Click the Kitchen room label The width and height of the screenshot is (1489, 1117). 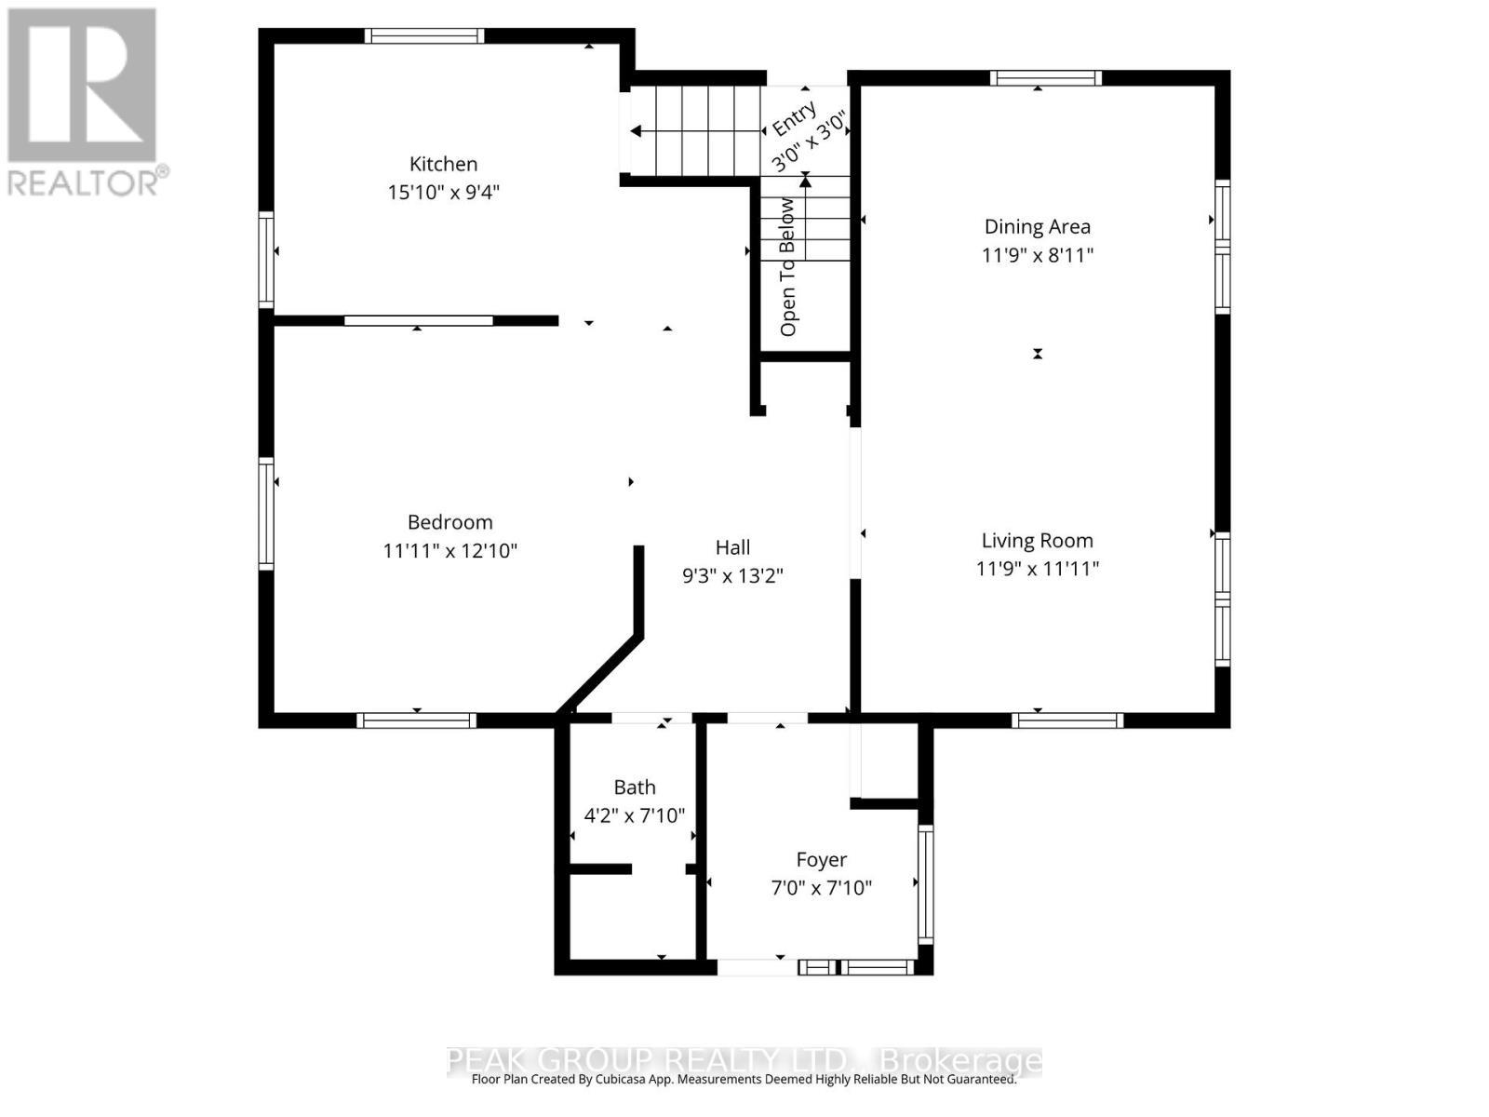click(x=443, y=164)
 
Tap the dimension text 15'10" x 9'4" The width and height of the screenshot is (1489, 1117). click(x=443, y=193)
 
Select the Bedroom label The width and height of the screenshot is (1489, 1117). click(x=449, y=522)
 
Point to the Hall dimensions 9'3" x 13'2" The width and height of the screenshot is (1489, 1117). click(x=732, y=576)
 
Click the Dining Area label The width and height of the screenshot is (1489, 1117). click(x=1037, y=226)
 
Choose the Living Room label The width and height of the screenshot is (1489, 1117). click(x=1037, y=541)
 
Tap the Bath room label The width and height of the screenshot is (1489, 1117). click(x=634, y=787)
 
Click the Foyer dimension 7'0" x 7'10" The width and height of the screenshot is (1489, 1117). click(x=821, y=888)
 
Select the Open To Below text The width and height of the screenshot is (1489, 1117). click(x=788, y=266)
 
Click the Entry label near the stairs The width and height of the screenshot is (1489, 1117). click(x=794, y=120)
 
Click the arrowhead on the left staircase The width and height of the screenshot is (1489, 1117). click(x=636, y=131)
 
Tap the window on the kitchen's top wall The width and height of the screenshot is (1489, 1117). click(x=423, y=36)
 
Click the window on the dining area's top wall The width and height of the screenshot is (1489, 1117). click(x=1045, y=78)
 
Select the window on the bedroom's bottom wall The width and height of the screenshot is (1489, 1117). click(x=416, y=720)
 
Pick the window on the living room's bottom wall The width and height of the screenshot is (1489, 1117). click(x=1067, y=720)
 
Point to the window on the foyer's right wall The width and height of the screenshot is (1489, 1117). click(x=925, y=883)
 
